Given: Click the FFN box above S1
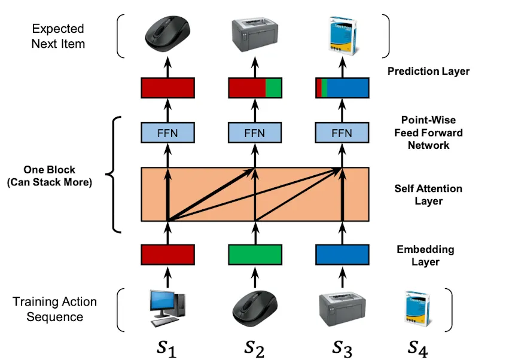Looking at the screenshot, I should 167,132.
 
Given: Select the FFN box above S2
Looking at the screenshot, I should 255,132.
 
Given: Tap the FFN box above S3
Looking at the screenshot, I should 342,132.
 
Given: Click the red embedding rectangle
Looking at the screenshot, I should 167,254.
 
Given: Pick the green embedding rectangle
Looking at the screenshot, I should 255,254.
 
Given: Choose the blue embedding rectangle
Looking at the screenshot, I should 342,254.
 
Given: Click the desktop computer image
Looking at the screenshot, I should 167,307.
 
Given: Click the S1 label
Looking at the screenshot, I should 167,346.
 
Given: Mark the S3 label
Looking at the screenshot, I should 342,346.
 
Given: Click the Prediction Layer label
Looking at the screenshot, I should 428,71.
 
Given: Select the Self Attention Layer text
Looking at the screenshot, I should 428,195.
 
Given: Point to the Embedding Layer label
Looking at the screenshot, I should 425,255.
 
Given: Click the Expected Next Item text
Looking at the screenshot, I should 58,36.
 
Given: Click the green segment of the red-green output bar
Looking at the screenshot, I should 274,88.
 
